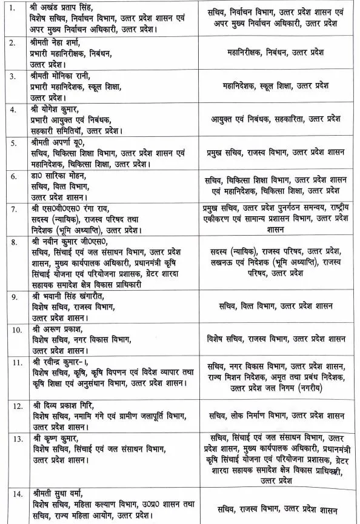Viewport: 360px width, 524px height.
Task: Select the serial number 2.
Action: click(12, 42)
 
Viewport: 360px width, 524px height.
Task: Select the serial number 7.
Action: click(12, 209)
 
